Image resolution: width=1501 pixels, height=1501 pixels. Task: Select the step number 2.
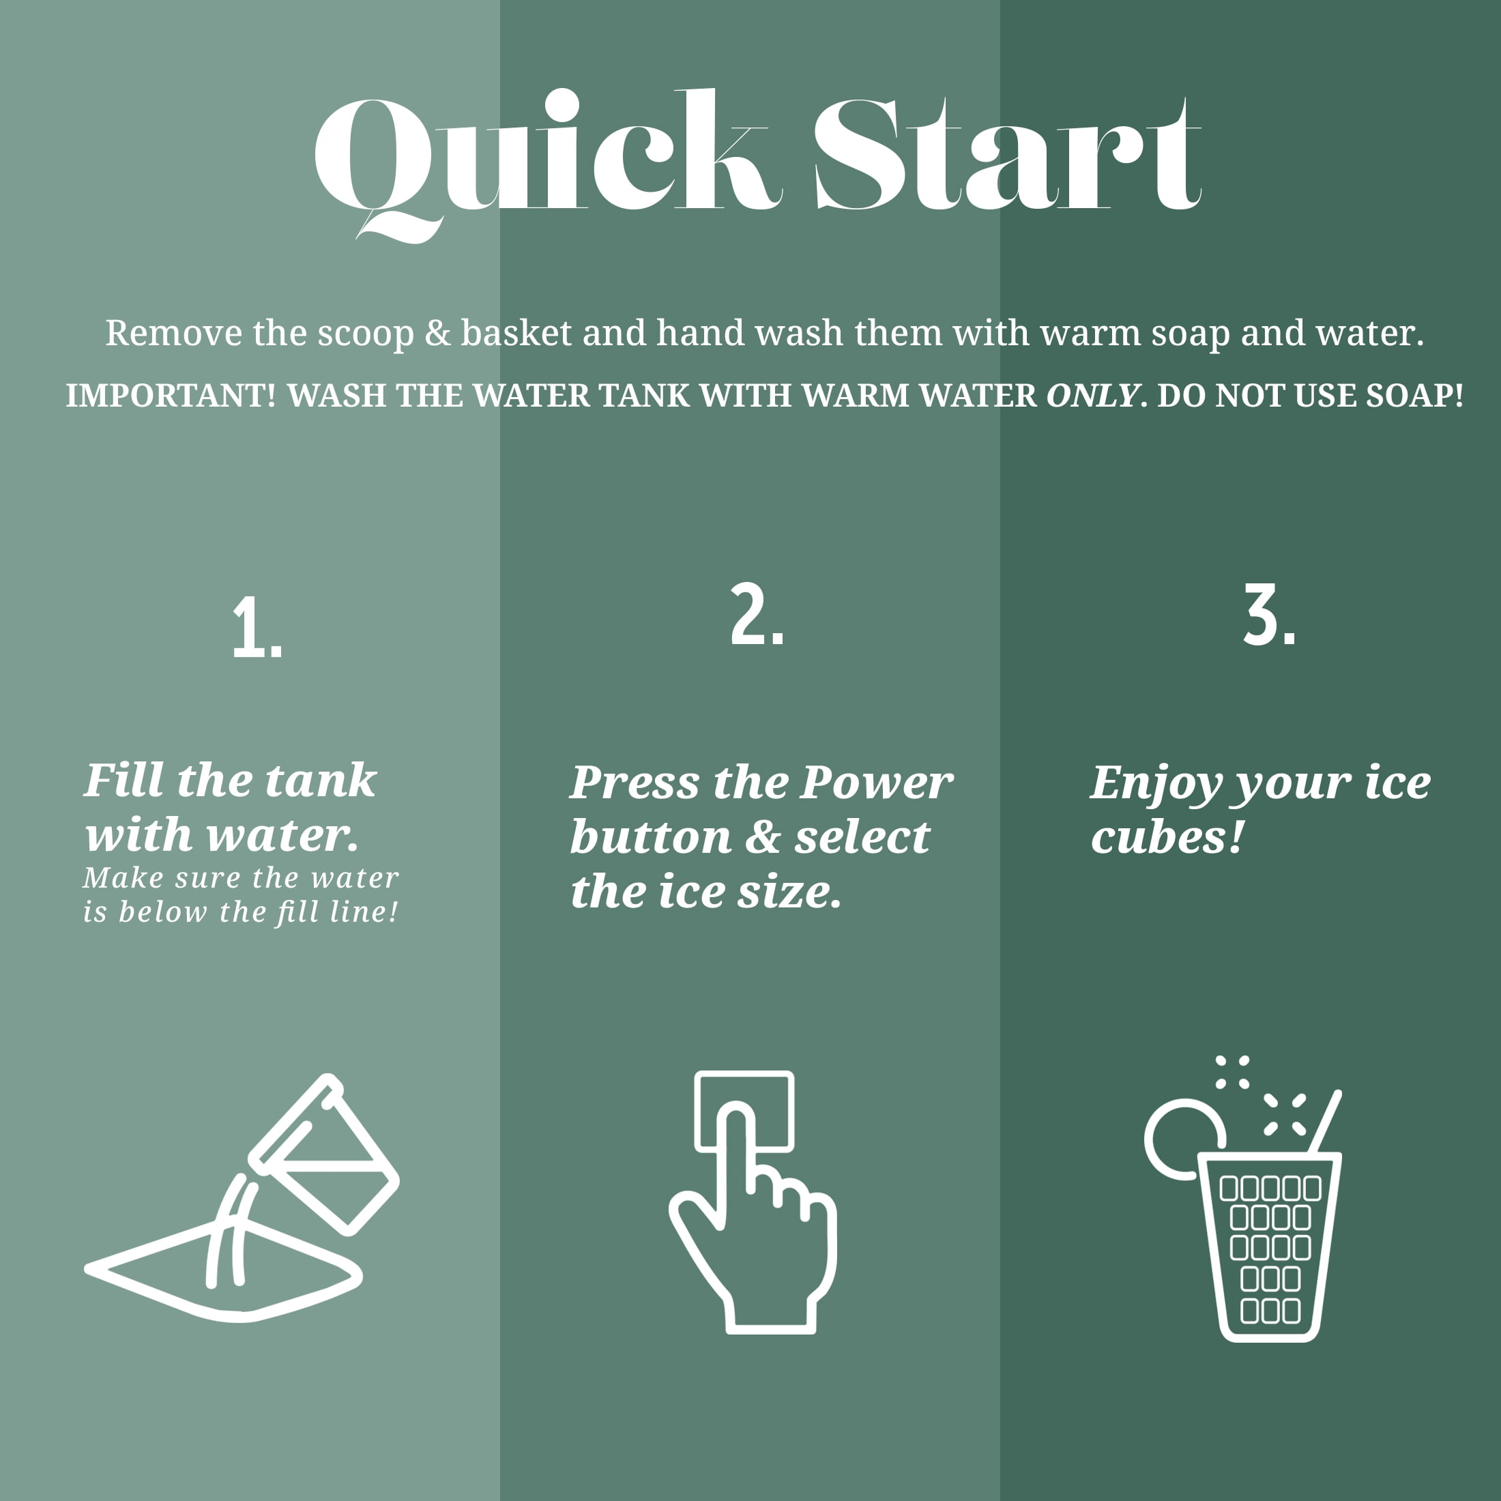pyautogui.click(x=757, y=615)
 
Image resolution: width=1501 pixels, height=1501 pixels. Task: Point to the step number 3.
pyautogui.click(x=1270, y=615)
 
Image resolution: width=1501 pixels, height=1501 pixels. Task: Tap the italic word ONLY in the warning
pyautogui.click(x=1093, y=396)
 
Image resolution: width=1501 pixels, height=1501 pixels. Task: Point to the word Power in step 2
pyautogui.click(x=876, y=783)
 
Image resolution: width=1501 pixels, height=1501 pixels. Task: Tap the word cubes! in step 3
pyautogui.click(x=1167, y=838)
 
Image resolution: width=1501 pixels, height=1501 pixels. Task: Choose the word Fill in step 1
pyautogui.click(x=124, y=780)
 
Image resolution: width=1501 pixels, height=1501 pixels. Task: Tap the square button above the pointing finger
pyautogui.click(x=744, y=1111)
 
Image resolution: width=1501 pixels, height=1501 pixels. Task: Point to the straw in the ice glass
pyautogui.click(x=1326, y=1122)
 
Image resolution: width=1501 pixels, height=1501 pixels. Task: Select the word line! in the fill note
pyautogui.click(x=364, y=912)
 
